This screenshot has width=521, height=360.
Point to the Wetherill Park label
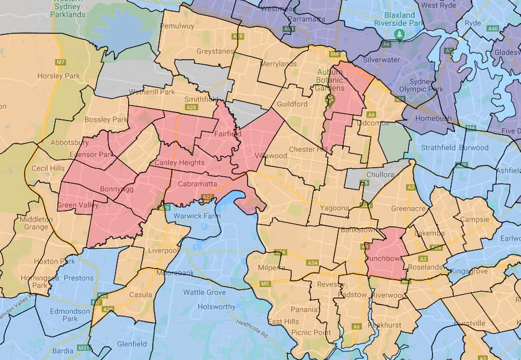152,92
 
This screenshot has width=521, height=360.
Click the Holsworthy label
217,307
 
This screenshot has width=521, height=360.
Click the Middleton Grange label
36,223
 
